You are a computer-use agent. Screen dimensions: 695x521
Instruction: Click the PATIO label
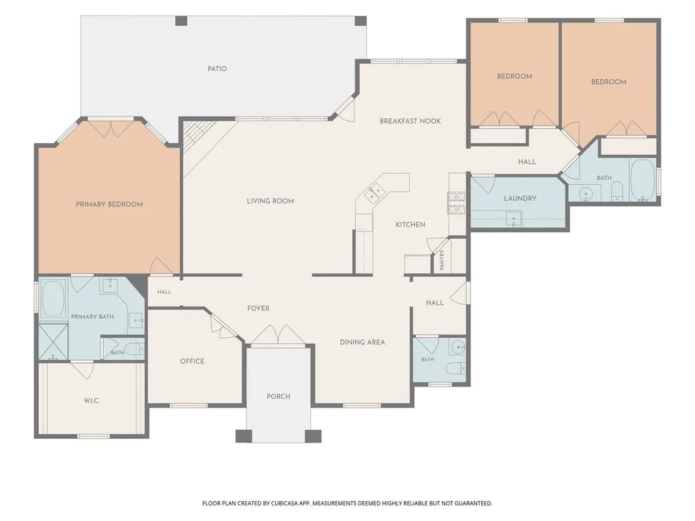coord(217,69)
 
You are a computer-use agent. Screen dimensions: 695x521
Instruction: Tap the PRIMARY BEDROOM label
coord(109,204)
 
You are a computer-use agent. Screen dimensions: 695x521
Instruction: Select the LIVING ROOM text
coord(270,201)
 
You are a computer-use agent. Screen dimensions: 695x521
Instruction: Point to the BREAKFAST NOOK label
coord(411,121)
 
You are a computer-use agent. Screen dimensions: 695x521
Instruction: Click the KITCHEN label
coord(411,225)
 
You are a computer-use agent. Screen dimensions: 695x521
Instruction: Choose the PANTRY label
coord(442,260)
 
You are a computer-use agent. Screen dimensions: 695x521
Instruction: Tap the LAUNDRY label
coord(520,198)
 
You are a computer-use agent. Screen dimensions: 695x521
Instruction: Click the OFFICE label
coord(192,361)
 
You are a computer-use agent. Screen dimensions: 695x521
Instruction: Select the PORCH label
coord(278,396)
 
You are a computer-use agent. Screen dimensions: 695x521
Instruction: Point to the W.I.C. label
coord(92,401)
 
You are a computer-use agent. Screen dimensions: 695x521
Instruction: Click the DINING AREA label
coord(362,342)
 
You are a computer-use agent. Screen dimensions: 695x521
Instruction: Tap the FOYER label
coord(259,309)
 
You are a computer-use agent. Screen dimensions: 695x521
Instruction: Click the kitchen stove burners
coord(457,203)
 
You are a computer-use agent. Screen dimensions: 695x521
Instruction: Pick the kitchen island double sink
coord(372,193)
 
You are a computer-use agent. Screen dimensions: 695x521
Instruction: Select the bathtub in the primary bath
coord(53,298)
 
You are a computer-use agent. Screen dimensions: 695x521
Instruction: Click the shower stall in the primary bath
coord(53,342)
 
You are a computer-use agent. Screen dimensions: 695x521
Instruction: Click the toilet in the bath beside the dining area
coord(455,368)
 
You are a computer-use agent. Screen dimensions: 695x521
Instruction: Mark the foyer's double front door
coord(278,334)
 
